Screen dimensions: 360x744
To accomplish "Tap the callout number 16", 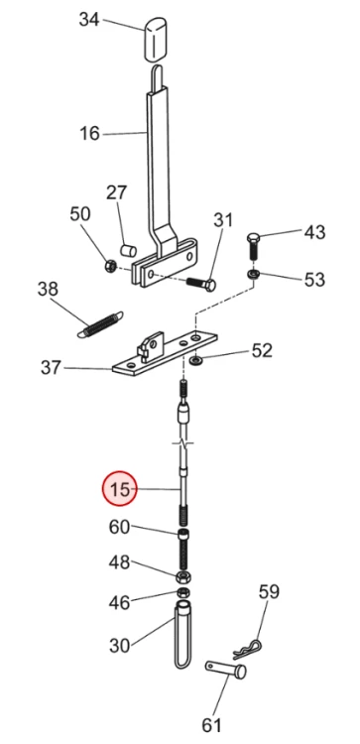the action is [89, 133].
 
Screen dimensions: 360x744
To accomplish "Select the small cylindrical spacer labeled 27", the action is [128, 250].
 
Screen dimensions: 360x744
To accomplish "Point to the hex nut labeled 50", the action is [109, 265].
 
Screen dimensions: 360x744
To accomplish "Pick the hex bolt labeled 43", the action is [254, 245].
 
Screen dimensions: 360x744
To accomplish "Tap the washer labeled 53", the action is [254, 274].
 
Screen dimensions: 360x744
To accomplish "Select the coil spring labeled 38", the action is [100, 323].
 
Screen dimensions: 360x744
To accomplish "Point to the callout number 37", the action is [51, 367].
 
